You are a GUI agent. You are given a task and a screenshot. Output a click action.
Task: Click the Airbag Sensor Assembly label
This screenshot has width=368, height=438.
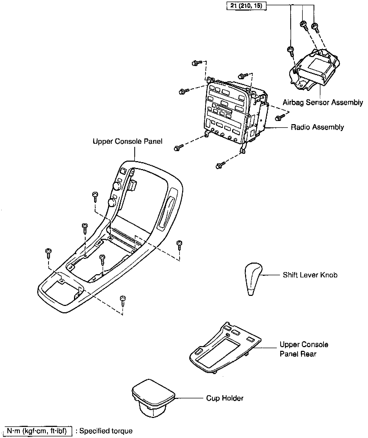[323, 102]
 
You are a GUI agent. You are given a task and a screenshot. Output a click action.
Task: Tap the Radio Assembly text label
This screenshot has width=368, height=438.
[317, 127]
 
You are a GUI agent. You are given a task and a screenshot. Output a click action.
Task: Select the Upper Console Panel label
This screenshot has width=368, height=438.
[127, 141]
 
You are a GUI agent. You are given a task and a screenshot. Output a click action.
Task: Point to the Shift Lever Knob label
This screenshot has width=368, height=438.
[310, 275]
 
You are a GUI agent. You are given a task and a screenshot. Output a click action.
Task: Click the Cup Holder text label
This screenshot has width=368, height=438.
[225, 398]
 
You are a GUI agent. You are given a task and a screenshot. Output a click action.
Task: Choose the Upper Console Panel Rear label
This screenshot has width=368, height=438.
[304, 349]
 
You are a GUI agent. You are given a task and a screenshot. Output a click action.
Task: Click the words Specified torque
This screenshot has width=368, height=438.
[106, 431]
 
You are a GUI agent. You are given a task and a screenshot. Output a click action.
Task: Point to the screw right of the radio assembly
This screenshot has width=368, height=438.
[279, 118]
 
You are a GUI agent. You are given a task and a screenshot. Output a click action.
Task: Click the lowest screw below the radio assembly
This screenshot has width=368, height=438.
[219, 166]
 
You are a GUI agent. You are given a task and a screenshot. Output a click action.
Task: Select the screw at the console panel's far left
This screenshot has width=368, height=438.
[48, 253]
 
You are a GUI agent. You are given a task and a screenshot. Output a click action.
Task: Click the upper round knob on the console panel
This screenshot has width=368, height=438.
[117, 186]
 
